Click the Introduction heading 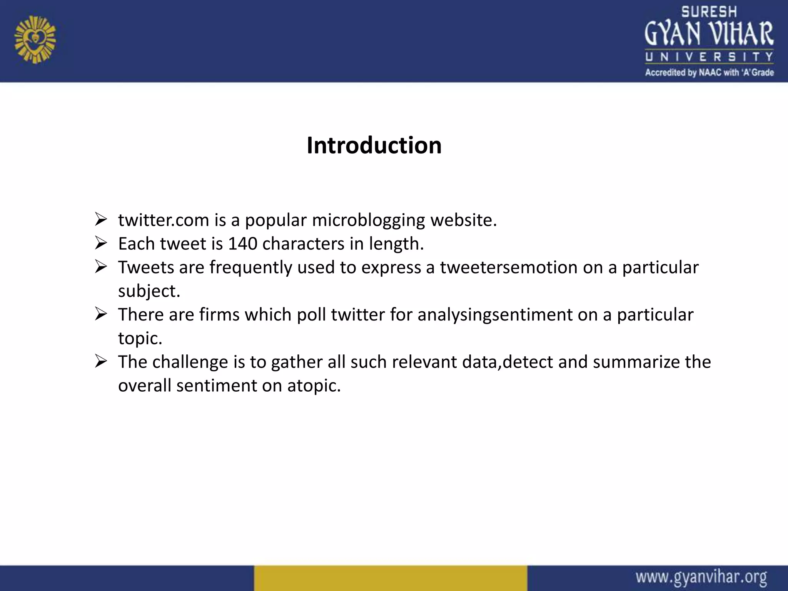click(x=374, y=145)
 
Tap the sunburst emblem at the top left click(x=35, y=40)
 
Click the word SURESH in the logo click(x=709, y=12)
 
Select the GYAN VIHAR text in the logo click(x=709, y=34)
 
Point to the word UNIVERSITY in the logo click(x=709, y=57)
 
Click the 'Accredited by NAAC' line click(x=709, y=72)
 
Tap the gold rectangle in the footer click(x=390, y=578)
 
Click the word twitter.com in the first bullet click(x=164, y=220)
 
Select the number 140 click(x=242, y=244)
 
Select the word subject click(x=149, y=291)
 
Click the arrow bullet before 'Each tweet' click(x=101, y=243)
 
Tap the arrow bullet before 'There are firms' click(x=101, y=314)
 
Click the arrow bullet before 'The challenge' click(x=101, y=361)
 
